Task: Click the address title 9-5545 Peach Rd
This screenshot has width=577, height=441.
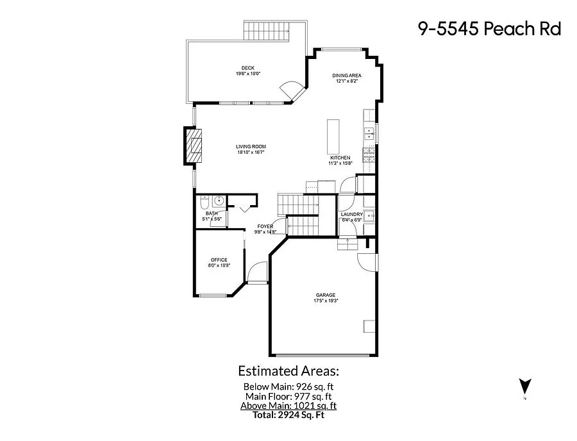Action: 489,29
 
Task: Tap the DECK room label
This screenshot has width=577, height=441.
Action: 247,68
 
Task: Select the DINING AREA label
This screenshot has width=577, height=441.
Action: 346,76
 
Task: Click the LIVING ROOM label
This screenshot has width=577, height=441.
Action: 251,147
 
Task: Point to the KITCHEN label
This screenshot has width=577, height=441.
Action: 340,158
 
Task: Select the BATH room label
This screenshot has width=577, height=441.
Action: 211,213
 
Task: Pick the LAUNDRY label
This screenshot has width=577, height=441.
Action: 352,214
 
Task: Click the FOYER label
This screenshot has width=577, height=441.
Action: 265,226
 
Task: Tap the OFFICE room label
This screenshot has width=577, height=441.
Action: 219,260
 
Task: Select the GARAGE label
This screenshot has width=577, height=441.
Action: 326,295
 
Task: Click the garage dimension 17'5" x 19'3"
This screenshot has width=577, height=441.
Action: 326,301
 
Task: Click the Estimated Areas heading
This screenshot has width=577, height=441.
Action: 288,370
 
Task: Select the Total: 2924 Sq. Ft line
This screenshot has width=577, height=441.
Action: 288,415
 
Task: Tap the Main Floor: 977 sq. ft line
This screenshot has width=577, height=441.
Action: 288,396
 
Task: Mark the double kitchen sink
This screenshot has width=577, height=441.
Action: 370,133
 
